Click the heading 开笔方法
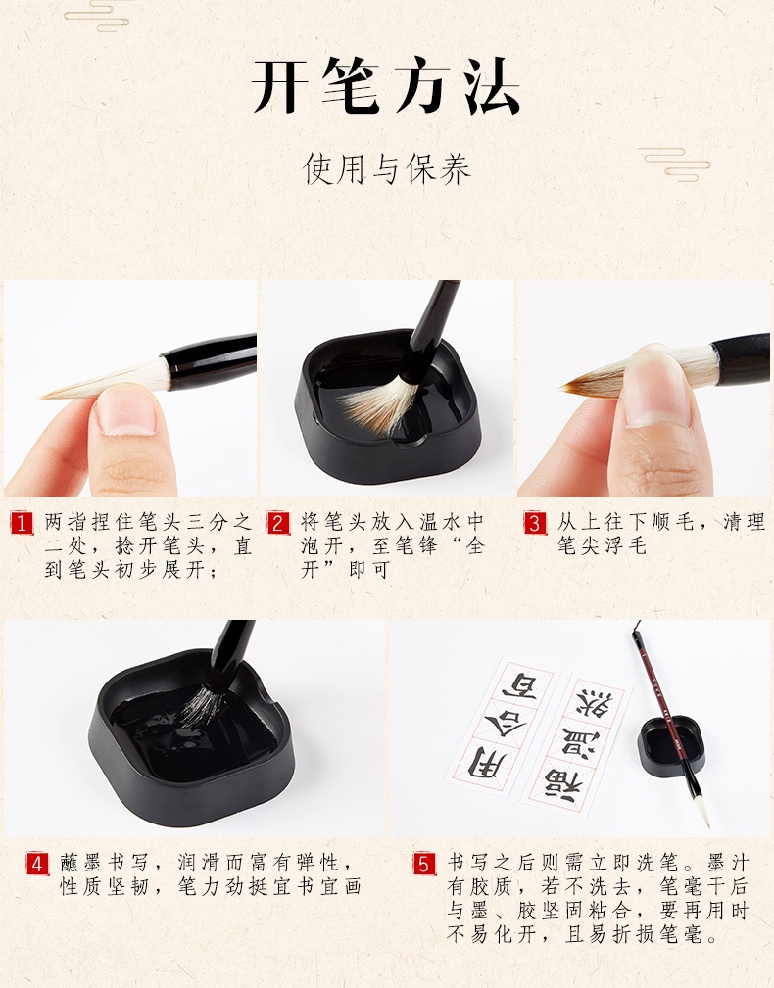tap(386, 87)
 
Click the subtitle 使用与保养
tap(387, 169)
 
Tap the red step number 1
tap(23, 523)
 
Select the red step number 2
tap(278, 523)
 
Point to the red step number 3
tap(534, 523)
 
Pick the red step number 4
tap(37, 865)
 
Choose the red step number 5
tap(423, 865)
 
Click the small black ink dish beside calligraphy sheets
tap(670, 746)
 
